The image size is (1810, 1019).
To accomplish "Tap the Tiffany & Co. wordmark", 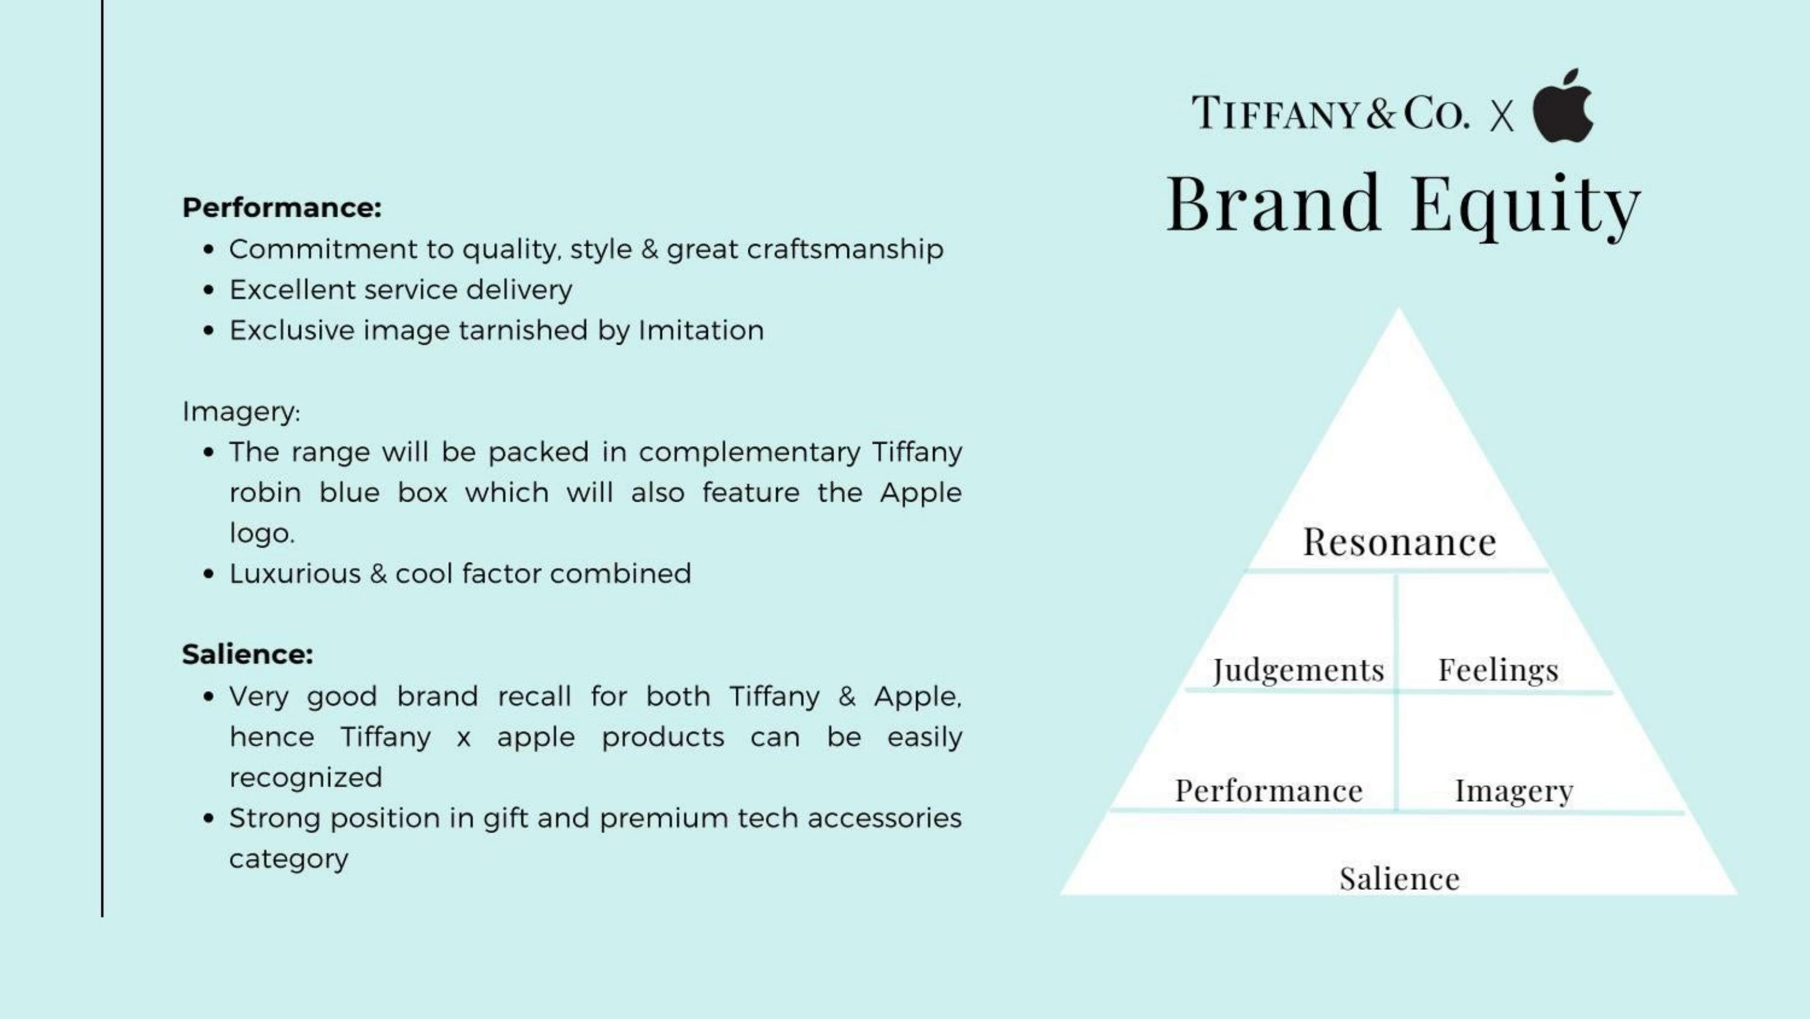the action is pos(1330,112).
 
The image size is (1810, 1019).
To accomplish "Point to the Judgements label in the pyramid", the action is pos(1299,670).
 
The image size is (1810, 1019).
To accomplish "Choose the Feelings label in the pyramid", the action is pos(1498,670).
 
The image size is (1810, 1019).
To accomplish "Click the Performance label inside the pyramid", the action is pos(1269,791).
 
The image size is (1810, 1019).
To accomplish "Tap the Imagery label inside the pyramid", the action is pos(1513,791).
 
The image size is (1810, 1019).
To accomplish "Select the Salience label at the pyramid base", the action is pos(1399,878).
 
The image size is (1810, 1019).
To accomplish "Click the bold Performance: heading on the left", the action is pos(281,207).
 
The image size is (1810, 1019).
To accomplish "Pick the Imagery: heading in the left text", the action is pos(241,412).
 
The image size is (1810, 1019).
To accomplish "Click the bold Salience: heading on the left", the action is pos(247,654).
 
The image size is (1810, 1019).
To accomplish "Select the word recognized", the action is pos(306,778).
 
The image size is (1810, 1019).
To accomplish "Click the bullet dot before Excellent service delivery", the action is pos(208,290).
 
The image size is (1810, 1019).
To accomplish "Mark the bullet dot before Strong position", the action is pos(208,819).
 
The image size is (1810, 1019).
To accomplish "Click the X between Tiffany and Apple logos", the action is pos(1501,116).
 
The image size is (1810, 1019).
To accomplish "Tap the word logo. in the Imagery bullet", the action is pos(262,534).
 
